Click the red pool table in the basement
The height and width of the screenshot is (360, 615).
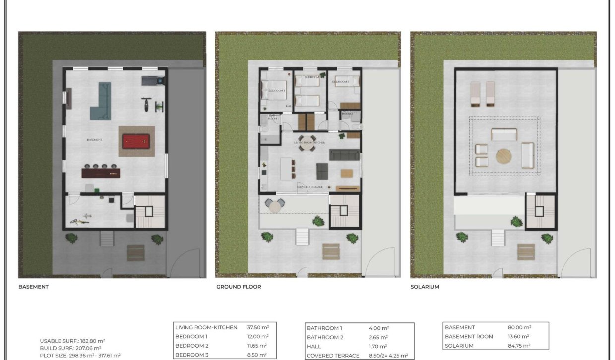[x=136, y=141]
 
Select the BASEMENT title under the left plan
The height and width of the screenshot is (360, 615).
[x=33, y=287]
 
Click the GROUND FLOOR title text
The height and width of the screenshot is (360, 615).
[x=239, y=287]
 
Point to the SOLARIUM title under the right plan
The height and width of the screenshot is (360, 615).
[x=425, y=287]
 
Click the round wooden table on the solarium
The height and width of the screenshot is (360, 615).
[x=504, y=157]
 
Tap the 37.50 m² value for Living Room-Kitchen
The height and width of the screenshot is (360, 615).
[x=258, y=327]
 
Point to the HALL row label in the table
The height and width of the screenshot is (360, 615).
[x=314, y=347]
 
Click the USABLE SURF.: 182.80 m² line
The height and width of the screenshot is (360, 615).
[x=72, y=341]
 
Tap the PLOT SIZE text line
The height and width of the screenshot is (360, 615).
[x=80, y=355]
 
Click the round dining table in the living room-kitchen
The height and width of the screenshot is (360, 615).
[x=306, y=140]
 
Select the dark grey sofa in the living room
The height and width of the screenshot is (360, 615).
[x=344, y=155]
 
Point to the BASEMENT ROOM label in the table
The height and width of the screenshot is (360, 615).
[x=469, y=337]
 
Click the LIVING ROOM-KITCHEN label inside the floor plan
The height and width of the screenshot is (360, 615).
[x=309, y=143]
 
